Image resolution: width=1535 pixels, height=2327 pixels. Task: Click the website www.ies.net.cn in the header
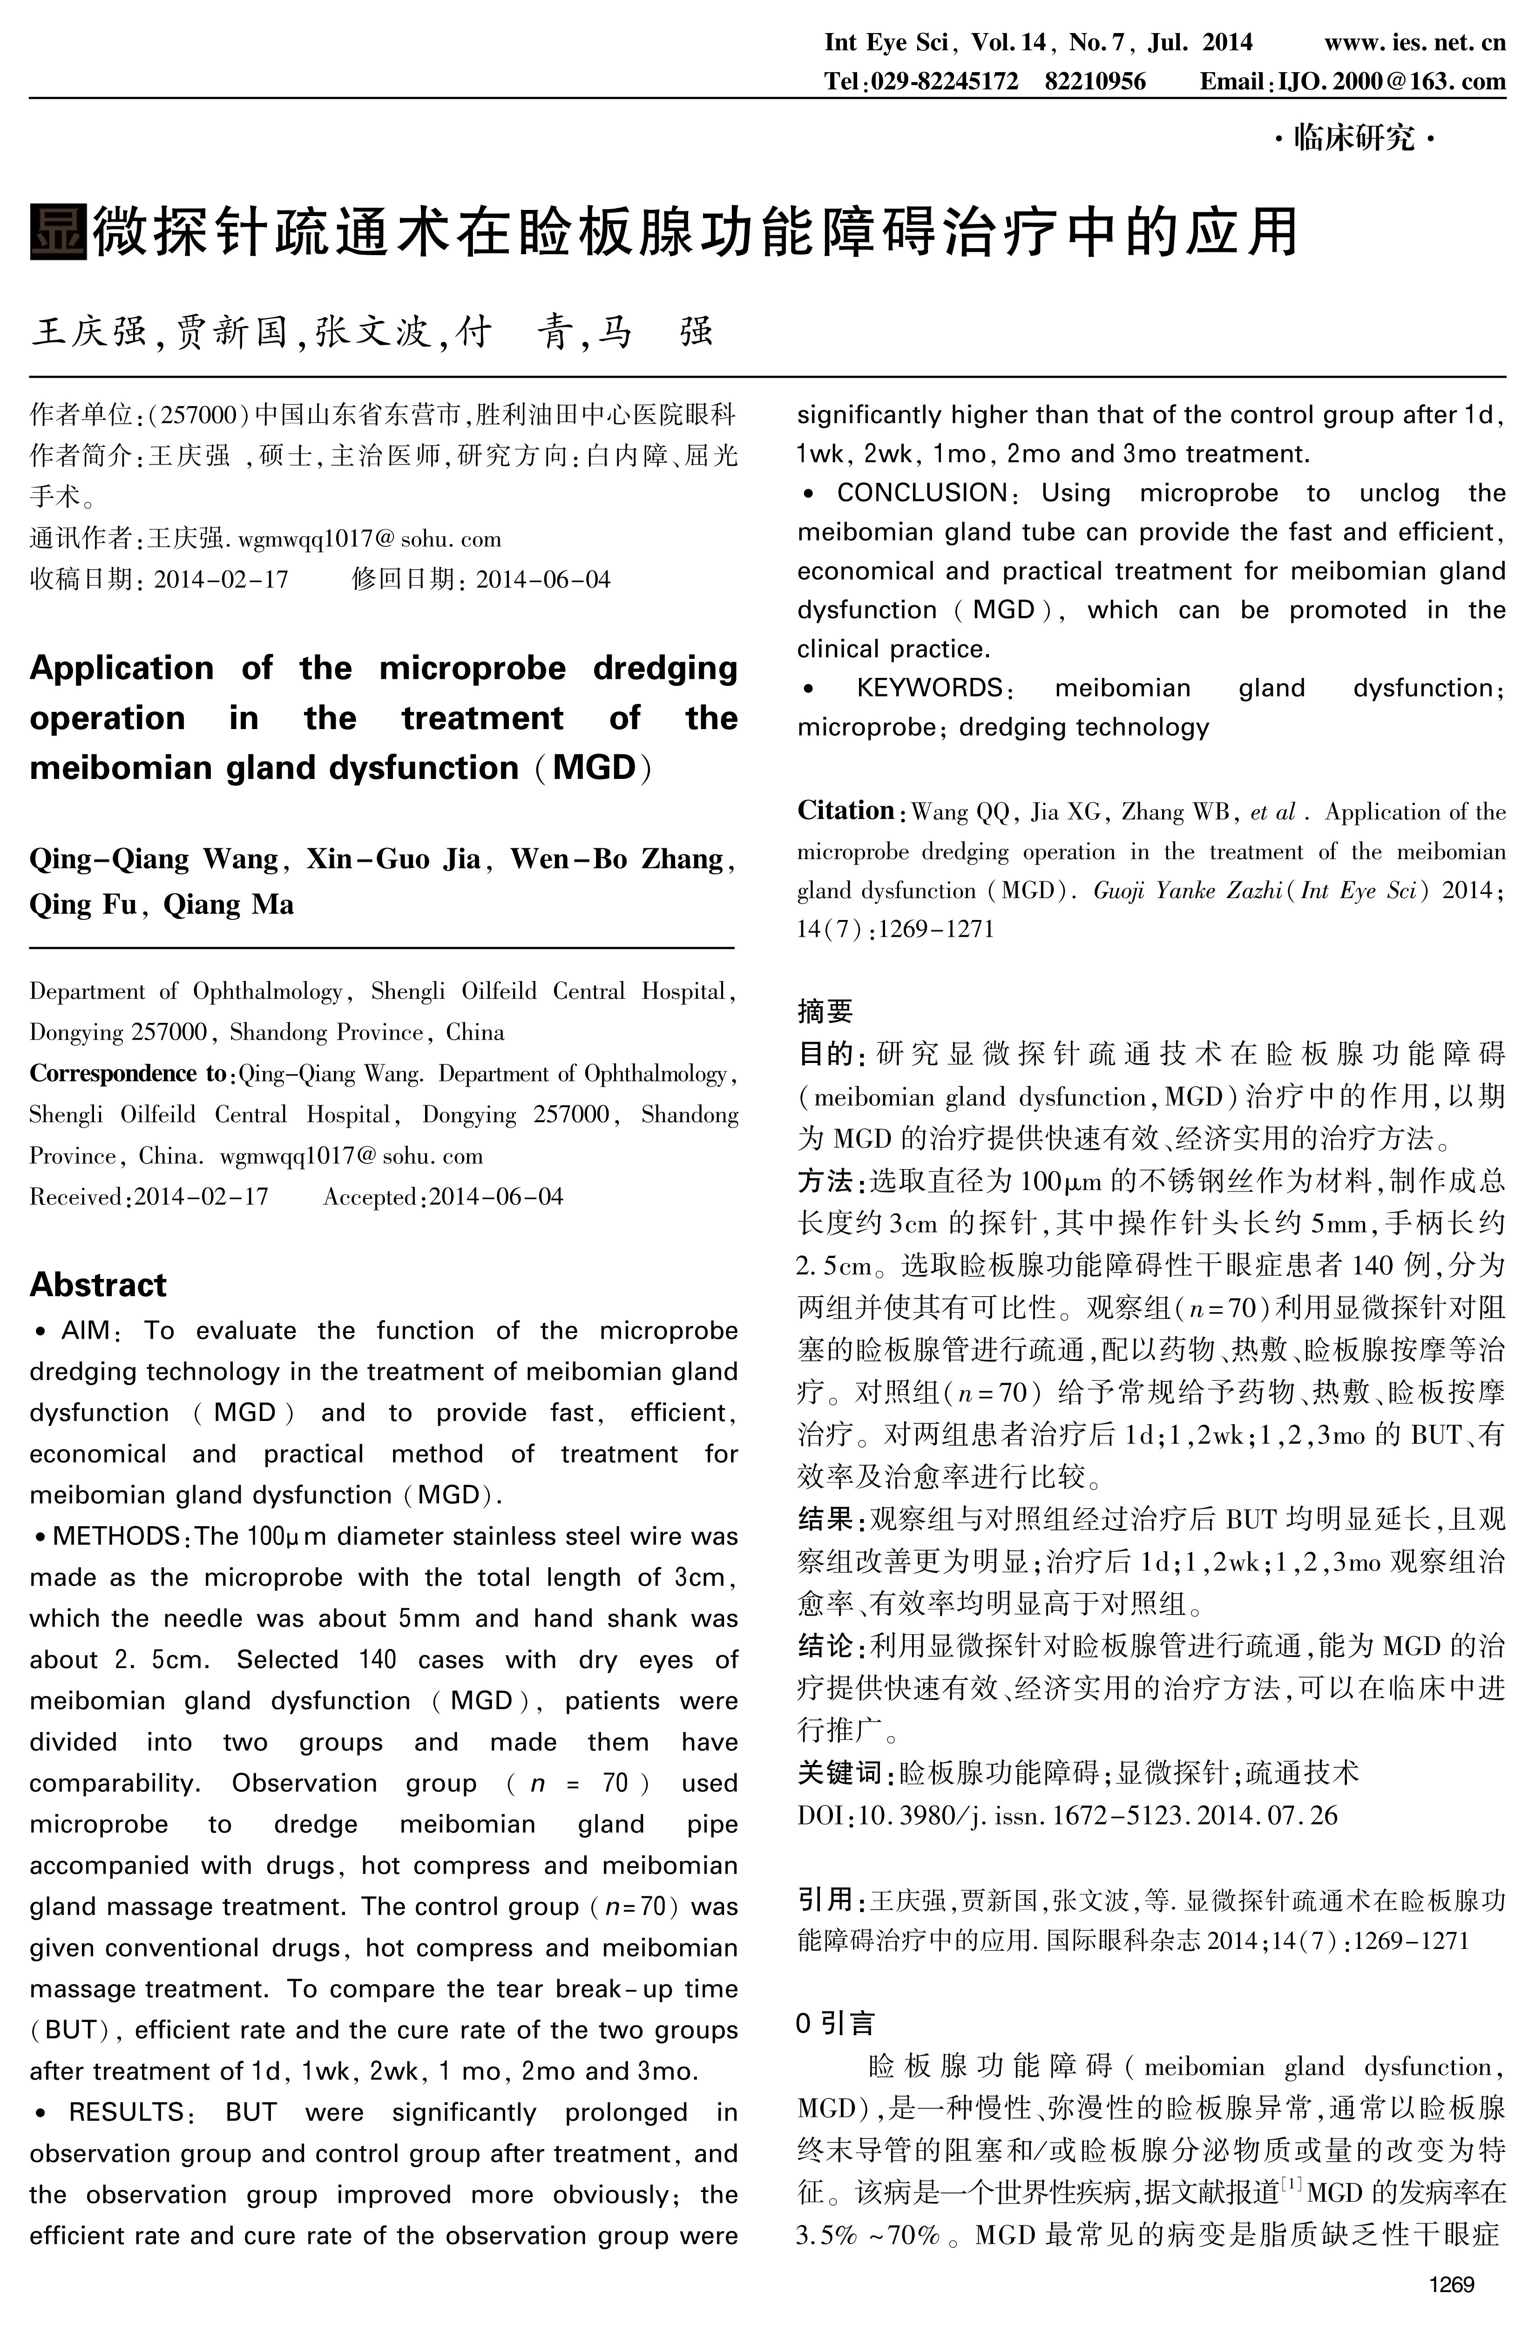[x=1414, y=42]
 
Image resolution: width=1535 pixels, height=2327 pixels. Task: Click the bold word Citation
[x=845, y=811]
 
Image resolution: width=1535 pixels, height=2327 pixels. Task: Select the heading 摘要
[x=824, y=1010]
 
